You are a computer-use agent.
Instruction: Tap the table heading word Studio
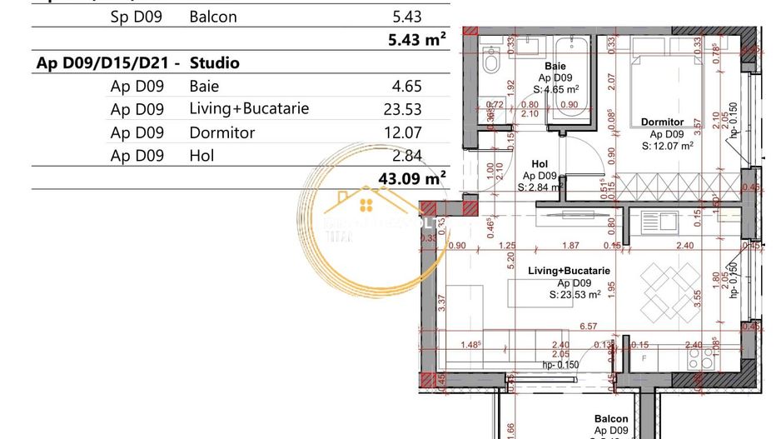pyautogui.click(x=215, y=62)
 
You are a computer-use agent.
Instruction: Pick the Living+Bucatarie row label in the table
pyautogui.click(x=249, y=108)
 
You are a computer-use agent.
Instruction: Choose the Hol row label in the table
pyautogui.click(x=201, y=155)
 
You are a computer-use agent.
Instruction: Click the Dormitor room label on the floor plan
pyautogui.click(x=662, y=122)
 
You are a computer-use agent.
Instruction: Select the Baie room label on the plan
pyautogui.click(x=553, y=66)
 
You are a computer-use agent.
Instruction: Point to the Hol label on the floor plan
pyautogui.click(x=540, y=165)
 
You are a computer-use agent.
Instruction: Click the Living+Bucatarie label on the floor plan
pyautogui.click(x=570, y=271)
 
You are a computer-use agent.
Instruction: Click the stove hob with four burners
pyautogui.click(x=698, y=357)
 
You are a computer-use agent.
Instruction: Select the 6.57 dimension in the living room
pyautogui.click(x=589, y=326)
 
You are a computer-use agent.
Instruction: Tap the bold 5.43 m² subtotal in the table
pyautogui.click(x=417, y=39)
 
